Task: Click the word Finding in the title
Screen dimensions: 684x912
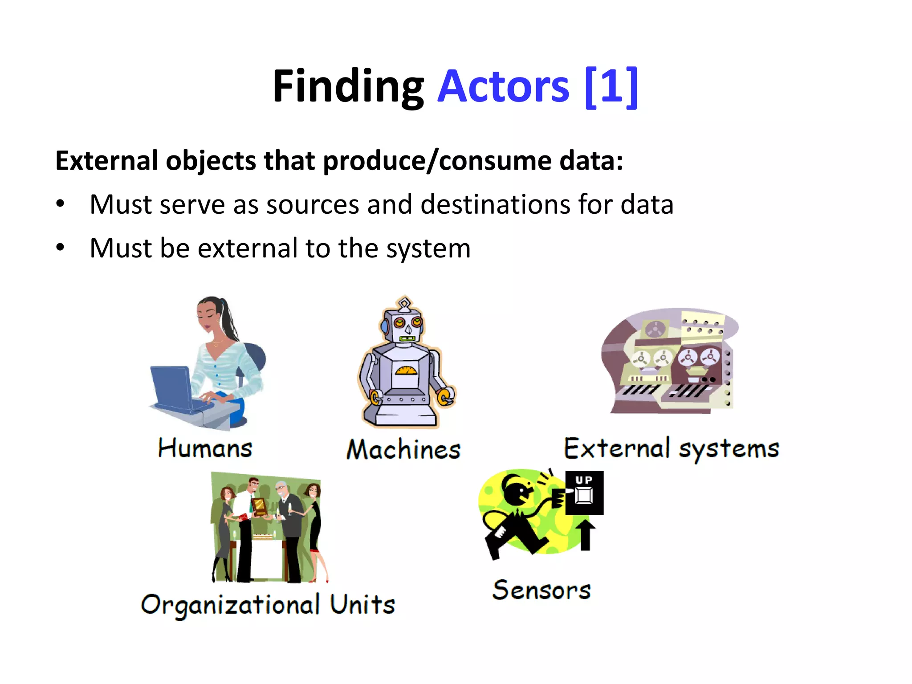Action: [x=348, y=86]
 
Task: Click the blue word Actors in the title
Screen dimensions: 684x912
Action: [x=503, y=86]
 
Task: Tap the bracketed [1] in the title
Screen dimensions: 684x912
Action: [x=611, y=86]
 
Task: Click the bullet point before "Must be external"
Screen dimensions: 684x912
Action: [x=60, y=248]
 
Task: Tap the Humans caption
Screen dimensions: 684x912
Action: [x=205, y=448]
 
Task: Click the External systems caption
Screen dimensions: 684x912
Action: [x=672, y=448]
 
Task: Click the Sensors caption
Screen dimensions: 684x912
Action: [x=541, y=590]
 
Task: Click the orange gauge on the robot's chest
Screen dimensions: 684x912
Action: [x=406, y=370]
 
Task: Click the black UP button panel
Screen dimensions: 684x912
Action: [x=584, y=493]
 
